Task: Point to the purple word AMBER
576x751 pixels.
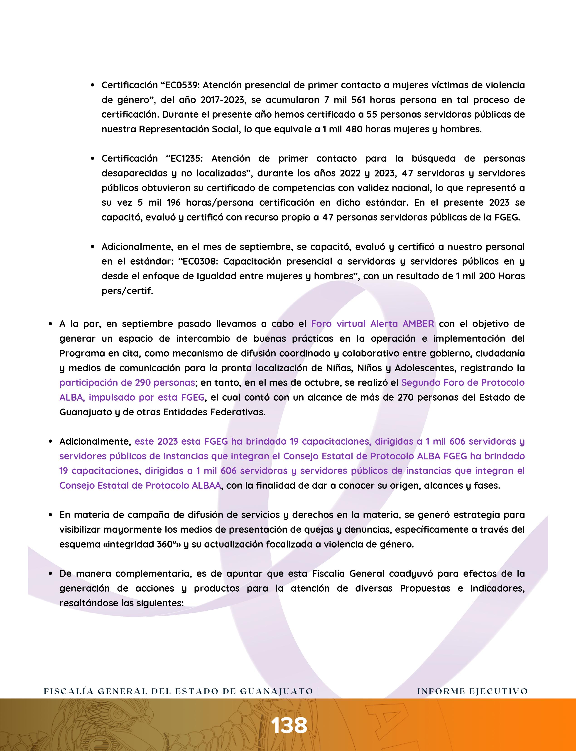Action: [418, 324]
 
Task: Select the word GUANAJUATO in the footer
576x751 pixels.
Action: [276, 691]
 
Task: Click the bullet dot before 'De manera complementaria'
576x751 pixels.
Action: [50, 574]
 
